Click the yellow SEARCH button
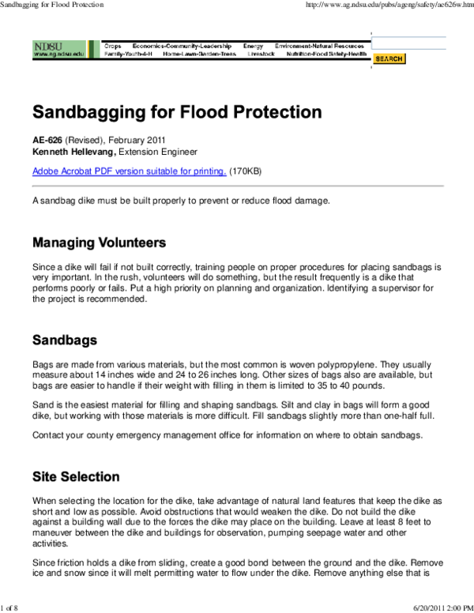pyautogui.click(x=389, y=59)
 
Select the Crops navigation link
pyautogui.click(x=113, y=47)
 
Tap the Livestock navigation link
pyautogui.click(x=260, y=55)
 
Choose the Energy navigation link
pyautogui.click(x=253, y=47)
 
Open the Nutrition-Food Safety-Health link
pyautogui.click(x=325, y=55)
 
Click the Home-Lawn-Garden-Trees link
pyautogui.click(x=199, y=55)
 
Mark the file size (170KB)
pyautogui.click(x=246, y=171)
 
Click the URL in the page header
pyautogui.click(x=388, y=6)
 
